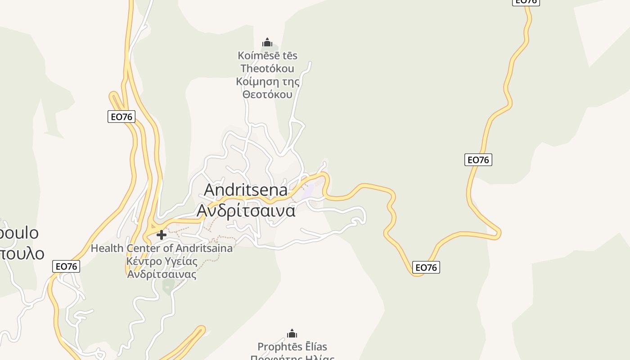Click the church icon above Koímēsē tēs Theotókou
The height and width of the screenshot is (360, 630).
click(x=267, y=43)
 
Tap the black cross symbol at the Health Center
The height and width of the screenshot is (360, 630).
click(x=162, y=234)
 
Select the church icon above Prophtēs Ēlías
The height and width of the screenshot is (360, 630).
click(x=292, y=333)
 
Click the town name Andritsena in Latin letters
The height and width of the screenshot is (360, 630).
click(x=245, y=189)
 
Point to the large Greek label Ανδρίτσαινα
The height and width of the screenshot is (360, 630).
click(x=246, y=210)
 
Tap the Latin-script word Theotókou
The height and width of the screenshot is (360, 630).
click(x=267, y=68)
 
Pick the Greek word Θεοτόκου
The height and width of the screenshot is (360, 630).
click(x=267, y=94)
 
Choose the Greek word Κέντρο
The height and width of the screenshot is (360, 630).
click(x=144, y=261)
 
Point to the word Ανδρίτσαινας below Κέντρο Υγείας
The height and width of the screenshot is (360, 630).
click(x=162, y=274)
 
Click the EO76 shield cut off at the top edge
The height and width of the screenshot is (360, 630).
click(x=526, y=2)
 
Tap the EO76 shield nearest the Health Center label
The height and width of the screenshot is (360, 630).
click(x=66, y=266)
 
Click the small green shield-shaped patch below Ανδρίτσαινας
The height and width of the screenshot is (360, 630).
click(x=168, y=285)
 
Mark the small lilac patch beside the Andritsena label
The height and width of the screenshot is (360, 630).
click(x=308, y=191)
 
